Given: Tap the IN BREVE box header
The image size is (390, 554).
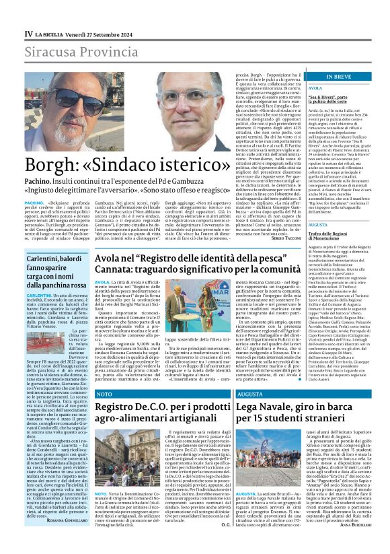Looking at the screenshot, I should (x=338, y=77).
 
